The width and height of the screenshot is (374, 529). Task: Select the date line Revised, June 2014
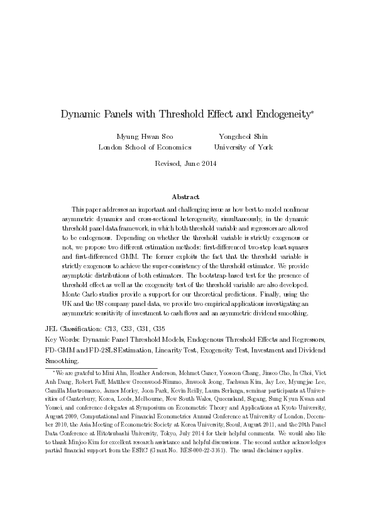tap(187, 164)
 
